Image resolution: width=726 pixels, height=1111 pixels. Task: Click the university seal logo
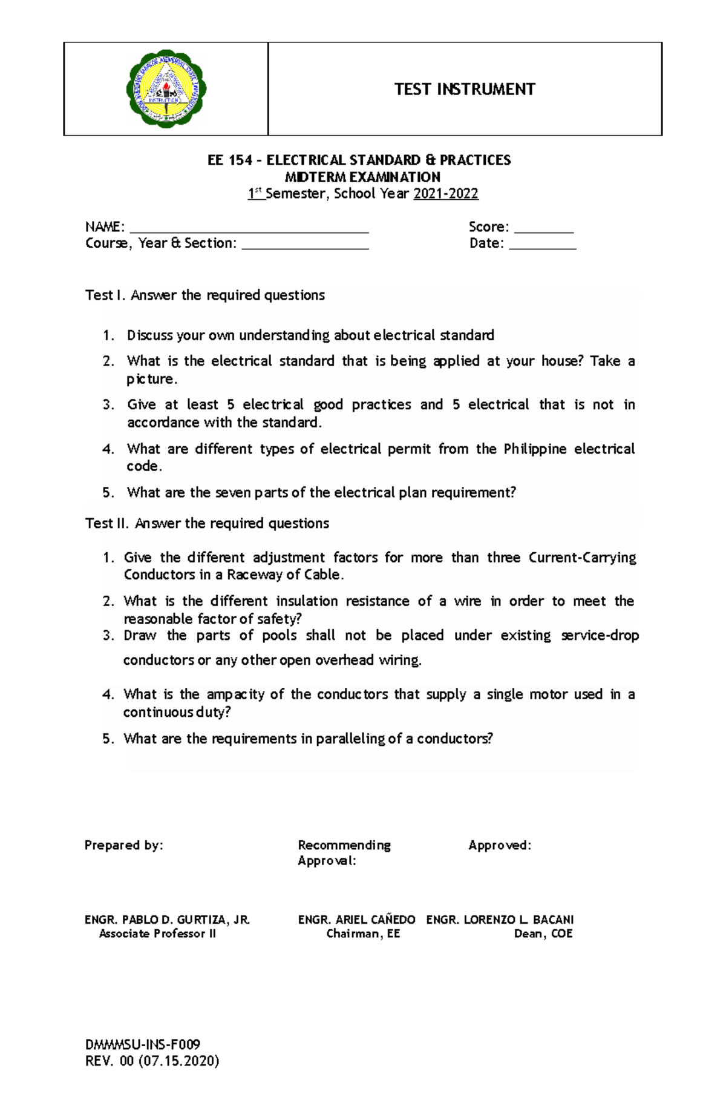pos(166,89)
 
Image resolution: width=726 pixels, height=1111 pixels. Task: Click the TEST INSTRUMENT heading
pos(465,90)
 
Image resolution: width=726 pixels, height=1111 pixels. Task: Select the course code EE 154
pos(229,160)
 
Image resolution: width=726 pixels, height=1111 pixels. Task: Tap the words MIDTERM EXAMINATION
pos(362,177)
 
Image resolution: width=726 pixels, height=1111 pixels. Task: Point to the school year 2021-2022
pos(446,194)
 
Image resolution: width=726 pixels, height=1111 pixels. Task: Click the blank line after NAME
pos(249,230)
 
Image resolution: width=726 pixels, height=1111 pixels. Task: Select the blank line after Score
pos(543,231)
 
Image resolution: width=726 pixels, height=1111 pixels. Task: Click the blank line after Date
pos(542,247)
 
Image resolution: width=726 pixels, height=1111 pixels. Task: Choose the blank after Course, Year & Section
pos(305,247)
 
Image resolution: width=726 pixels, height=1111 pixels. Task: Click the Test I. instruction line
pos(205,295)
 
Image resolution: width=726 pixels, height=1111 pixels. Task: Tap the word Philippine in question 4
pos(535,449)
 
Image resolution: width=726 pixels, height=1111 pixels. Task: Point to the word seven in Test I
pos(233,493)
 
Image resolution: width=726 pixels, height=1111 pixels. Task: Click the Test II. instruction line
pos(207,524)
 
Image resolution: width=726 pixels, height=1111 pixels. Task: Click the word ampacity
pos(235,694)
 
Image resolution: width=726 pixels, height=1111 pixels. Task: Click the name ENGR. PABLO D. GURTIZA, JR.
pos(167,920)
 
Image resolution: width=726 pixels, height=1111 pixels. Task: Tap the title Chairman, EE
pos(363,934)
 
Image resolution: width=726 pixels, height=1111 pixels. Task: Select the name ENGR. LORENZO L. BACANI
pos(500,920)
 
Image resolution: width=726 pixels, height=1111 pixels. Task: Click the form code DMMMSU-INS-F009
pos(143,1044)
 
